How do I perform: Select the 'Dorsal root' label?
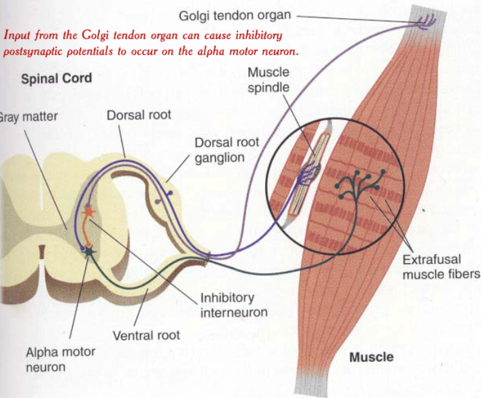(x=139, y=115)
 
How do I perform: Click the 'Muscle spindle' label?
(x=268, y=80)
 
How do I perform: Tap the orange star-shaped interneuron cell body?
(x=88, y=211)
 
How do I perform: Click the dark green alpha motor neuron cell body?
(x=88, y=252)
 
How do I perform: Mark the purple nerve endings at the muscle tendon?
(x=426, y=25)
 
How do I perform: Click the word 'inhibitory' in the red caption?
(x=259, y=34)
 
